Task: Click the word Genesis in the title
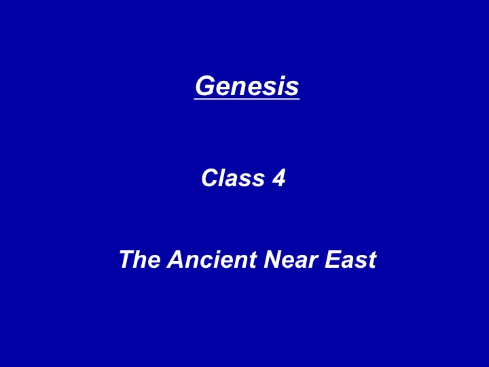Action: click(247, 86)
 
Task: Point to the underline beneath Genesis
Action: click(247, 99)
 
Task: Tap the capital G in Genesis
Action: click(206, 86)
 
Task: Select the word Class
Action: click(233, 177)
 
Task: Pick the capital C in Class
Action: click(211, 178)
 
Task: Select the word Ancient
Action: click(212, 259)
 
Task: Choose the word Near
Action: click(291, 259)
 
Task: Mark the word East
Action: click(350, 259)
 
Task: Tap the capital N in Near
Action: click(274, 259)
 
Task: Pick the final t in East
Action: click(372, 260)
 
